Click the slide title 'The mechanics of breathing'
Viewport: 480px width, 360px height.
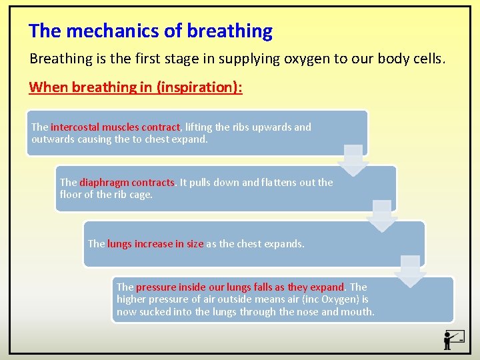(x=151, y=31)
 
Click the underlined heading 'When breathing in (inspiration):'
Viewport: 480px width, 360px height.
(x=135, y=87)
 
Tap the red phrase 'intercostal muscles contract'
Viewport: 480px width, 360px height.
(x=115, y=127)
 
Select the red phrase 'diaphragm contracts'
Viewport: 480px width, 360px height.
(x=127, y=182)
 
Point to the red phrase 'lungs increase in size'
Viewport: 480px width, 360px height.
(x=155, y=244)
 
